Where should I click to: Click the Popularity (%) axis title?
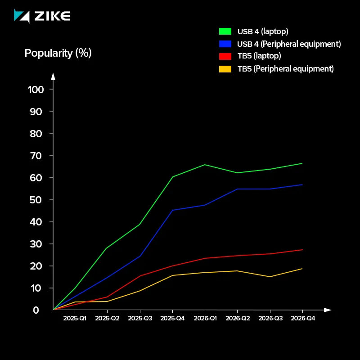click(58, 53)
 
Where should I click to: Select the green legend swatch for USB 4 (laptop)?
click(225, 31)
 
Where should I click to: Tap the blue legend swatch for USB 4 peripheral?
click(225, 44)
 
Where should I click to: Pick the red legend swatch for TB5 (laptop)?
click(225, 56)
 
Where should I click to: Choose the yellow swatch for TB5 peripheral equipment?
click(225, 69)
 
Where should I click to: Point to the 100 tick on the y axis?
click(36, 89)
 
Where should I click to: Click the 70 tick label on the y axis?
click(36, 156)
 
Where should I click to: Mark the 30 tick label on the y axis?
click(36, 244)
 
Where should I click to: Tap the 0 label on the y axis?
click(36, 310)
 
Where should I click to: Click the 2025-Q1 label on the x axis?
click(75, 319)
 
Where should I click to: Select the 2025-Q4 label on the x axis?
click(172, 319)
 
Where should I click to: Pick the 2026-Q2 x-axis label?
click(238, 319)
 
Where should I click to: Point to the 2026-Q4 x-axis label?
click(302, 319)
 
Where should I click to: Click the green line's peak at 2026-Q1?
click(205, 165)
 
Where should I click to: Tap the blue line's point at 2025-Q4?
click(172, 210)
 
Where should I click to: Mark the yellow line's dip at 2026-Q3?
click(270, 277)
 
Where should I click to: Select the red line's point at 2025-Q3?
click(140, 276)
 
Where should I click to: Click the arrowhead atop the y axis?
click(53, 76)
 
